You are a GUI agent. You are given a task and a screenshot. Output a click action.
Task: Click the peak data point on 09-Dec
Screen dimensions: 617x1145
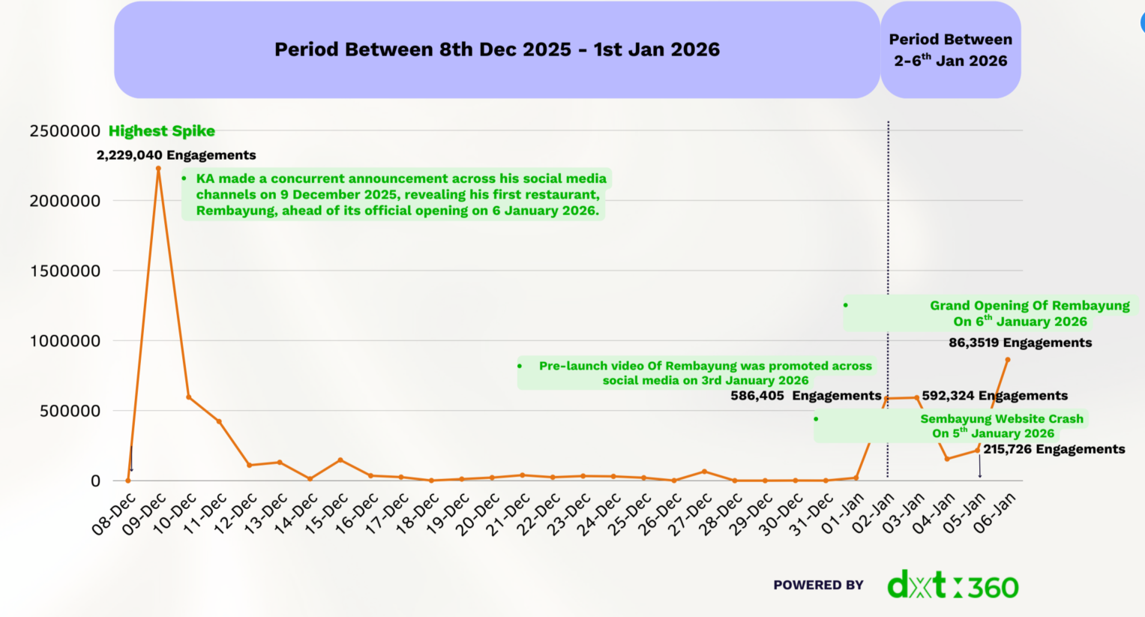158,169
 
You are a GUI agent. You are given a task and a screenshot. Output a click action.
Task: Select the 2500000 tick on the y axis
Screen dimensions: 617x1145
64,131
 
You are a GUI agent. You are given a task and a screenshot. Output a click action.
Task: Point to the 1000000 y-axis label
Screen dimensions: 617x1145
64,341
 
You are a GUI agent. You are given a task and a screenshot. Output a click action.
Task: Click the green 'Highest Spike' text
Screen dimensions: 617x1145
161,131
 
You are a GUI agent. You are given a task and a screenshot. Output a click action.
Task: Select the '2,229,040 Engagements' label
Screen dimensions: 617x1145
176,155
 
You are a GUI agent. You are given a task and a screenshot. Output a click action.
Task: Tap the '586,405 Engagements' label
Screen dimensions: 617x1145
805,396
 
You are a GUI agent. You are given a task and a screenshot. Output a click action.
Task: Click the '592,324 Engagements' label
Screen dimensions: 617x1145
994,396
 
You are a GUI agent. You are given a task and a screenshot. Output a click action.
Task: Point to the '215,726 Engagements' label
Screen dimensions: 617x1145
1054,449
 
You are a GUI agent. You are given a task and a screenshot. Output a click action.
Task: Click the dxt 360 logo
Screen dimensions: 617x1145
952,586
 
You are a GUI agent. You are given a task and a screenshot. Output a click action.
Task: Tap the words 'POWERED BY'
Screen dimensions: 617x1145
818,585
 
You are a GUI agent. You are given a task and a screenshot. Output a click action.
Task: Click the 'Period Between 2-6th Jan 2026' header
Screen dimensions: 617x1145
950,49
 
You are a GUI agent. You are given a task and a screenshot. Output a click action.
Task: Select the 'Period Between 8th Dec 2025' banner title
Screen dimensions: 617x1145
496,49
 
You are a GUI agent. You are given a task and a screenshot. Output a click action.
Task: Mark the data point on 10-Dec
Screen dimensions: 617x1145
188,397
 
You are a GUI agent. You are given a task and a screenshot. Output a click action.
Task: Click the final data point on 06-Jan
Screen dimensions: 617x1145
1008,360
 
